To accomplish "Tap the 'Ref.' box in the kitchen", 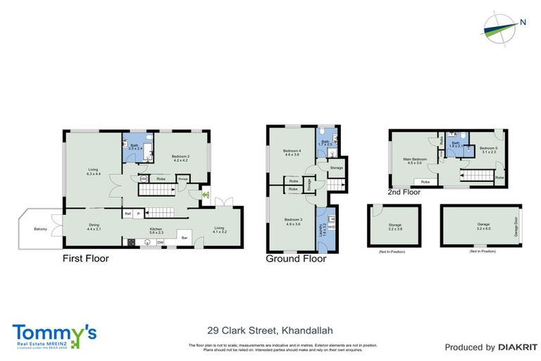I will [128, 214].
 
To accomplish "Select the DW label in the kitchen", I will [161, 243].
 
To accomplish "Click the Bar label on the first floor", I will [185, 238].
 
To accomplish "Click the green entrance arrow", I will [206, 195].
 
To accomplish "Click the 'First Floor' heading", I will [85, 259].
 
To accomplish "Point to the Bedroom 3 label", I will [292, 222].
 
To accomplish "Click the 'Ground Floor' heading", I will [296, 259].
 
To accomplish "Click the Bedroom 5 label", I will [489, 150].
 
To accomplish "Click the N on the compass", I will [523, 22].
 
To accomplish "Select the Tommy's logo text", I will [54, 332].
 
